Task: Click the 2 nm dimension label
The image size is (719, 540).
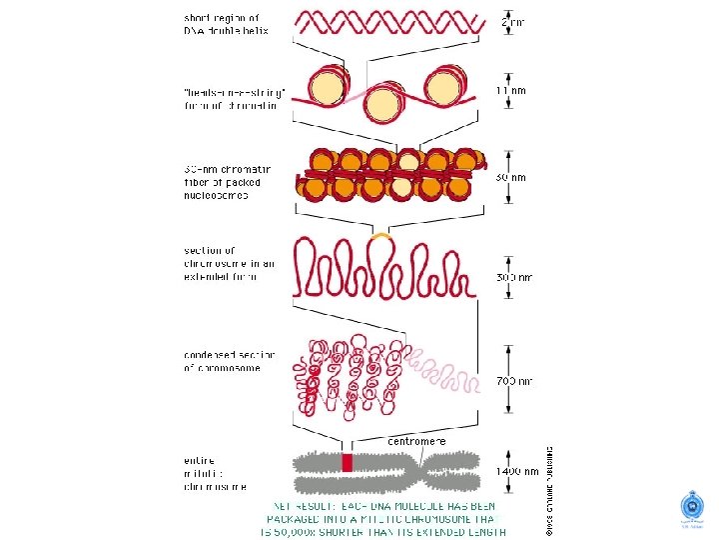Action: (512, 20)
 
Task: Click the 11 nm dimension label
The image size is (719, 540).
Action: (511, 89)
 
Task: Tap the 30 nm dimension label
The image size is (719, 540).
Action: (511, 177)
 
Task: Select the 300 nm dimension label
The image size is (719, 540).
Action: (514, 277)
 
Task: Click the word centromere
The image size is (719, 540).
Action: (416, 441)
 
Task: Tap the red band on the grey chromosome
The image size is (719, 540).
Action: (348, 462)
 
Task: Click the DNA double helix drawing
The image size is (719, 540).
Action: (391, 21)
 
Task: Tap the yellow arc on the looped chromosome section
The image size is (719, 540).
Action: (380, 236)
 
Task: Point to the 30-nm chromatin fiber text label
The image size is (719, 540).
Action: (223, 182)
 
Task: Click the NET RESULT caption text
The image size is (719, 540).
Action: (383, 518)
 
